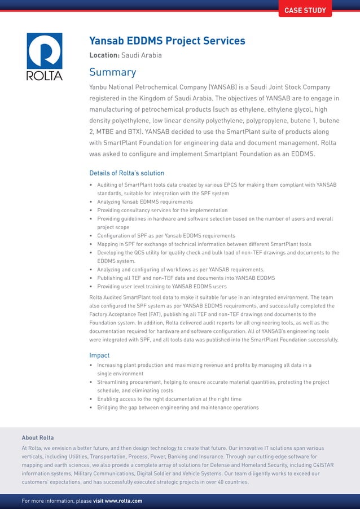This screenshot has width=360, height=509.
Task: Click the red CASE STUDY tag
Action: click(305, 10)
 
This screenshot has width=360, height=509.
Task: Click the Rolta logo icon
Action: click(45, 51)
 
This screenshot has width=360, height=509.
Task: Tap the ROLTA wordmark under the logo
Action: click(45, 76)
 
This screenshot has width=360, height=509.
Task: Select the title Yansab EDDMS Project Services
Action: click(167, 41)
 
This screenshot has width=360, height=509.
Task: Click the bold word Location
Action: click(104, 55)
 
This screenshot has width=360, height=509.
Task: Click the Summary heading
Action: click(113, 72)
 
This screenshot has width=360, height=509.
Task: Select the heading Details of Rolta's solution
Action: click(126, 173)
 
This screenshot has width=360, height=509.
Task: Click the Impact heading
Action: click(100, 355)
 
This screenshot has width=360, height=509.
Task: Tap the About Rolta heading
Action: click(38, 437)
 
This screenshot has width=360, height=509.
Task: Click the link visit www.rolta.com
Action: click(117, 501)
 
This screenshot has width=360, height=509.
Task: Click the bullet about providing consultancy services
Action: click(162, 210)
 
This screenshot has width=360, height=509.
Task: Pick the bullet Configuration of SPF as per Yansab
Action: click(166, 235)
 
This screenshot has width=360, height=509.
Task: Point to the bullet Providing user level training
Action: click(161, 287)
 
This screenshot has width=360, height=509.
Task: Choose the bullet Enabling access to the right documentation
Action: click(169, 399)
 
